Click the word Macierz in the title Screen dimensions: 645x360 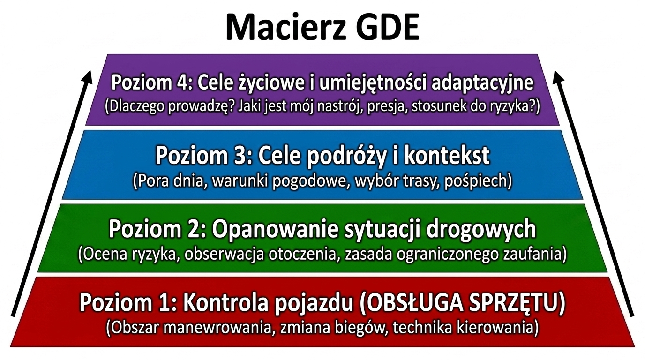point(285,27)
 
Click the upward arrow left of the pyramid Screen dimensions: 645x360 point(51,193)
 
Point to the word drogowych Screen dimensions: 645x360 point(481,230)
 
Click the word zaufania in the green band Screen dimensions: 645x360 point(534,255)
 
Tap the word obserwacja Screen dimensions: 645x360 point(225,255)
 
